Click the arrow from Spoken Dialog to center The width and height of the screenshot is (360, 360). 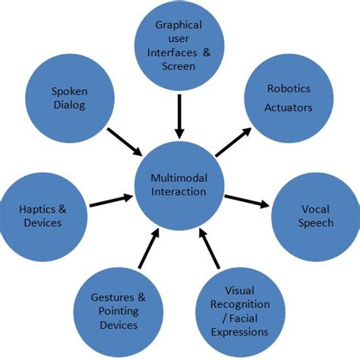pos(125,142)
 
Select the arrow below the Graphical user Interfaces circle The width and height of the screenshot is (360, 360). pos(179,117)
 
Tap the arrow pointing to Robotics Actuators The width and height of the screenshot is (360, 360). pos(233,142)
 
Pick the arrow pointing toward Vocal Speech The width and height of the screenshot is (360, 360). pos(247,201)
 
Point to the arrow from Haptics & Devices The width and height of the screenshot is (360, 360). pos(112,201)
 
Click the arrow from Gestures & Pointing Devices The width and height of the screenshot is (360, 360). pos(149,248)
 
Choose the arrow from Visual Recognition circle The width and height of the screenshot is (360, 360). pos(210,248)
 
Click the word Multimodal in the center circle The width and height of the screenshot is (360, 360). pos(179,178)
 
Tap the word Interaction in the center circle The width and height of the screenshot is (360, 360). pos(178,191)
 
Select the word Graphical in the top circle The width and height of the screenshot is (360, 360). pos(178,25)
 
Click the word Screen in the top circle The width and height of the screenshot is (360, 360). pos(178,66)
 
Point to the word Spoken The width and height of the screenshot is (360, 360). pos(70,92)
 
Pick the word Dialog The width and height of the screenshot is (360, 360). pos(69,106)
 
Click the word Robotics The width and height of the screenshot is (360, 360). pos(289,89)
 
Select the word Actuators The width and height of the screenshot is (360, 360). pos(289,108)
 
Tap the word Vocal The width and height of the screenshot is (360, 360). pos(315,210)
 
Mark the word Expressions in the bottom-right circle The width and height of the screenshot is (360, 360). pos(240,332)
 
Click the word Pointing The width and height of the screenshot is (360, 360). pos(118,311)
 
